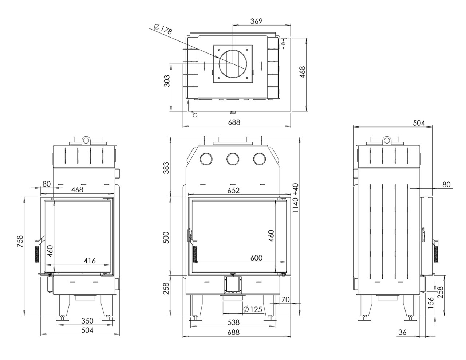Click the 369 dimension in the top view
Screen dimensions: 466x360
pyautogui.click(x=256, y=21)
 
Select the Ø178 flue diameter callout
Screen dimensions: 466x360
pyautogui.click(x=163, y=30)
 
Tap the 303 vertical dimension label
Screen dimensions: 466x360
pyautogui.click(x=167, y=81)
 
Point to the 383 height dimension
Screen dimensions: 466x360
pyautogui.click(x=167, y=168)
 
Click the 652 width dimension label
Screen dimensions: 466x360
pyautogui.click(x=233, y=190)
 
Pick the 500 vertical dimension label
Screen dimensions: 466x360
pyautogui.click(x=167, y=238)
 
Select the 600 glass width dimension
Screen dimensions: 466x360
pyautogui.click(x=256, y=258)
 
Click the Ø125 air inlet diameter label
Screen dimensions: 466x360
pyautogui.click(x=253, y=309)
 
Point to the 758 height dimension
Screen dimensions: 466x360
pyautogui.click(x=20, y=241)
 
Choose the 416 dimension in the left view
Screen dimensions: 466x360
pyautogui.click(x=90, y=261)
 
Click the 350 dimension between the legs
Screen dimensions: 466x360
pyautogui.click(x=87, y=321)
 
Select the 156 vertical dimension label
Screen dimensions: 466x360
pyautogui.click(x=431, y=303)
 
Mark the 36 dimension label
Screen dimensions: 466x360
pyautogui.click(x=402, y=332)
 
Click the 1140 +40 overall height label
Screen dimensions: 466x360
pyautogui.click(x=295, y=198)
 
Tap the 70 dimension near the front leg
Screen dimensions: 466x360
pyautogui.click(x=285, y=300)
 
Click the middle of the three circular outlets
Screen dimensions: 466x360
pyautogui.click(x=233, y=159)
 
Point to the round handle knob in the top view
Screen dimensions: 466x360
pyautogui.click(x=195, y=116)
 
